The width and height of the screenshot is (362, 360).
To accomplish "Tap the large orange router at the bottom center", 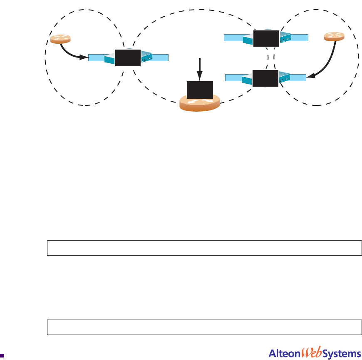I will (x=199, y=104).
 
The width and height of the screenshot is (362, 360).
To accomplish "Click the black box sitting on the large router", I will (x=200, y=90).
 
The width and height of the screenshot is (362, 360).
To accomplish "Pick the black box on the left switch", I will (x=128, y=57).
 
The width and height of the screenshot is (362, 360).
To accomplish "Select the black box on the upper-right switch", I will (x=266, y=38).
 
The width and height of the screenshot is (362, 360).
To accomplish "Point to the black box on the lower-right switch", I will (x=266, y=78).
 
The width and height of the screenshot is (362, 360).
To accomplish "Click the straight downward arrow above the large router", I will (x=200, y=69).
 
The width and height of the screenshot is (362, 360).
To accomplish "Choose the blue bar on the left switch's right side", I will (x=161, y=58).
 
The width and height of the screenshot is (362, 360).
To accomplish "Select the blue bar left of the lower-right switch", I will (x=235, y=77).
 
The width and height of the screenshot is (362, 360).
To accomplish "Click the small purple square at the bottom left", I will (x=2, y=356).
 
